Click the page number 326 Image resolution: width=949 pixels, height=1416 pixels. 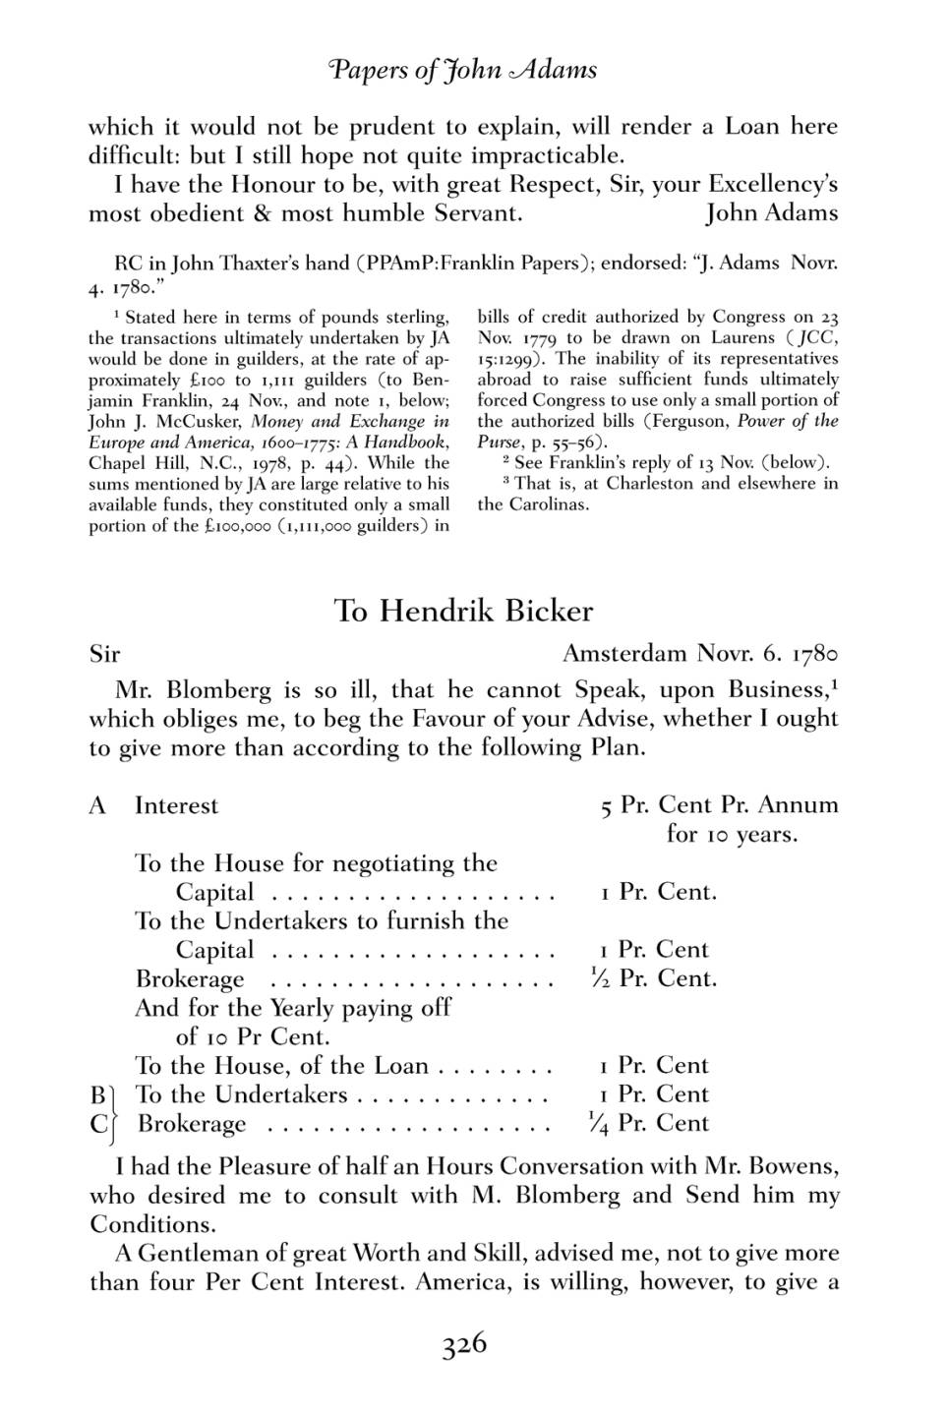464,1344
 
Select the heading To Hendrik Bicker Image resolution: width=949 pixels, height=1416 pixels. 463,611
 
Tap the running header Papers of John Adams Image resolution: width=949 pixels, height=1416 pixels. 462,70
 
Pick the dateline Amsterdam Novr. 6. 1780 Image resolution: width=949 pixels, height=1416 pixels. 699,654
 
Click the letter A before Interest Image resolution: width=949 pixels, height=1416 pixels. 97,806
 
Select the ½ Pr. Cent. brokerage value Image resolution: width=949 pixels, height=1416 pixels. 652,978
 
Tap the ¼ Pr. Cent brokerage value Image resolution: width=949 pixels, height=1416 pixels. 647,1123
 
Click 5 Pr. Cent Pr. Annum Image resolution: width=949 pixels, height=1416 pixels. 719,805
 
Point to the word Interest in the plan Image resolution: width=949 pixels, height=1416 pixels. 177,806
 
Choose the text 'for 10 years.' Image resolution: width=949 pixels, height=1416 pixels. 732,835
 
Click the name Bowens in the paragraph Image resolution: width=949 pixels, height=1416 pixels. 793,1167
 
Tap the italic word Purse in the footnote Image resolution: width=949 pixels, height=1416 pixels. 499,442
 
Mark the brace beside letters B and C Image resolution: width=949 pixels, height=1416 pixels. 113,1110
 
